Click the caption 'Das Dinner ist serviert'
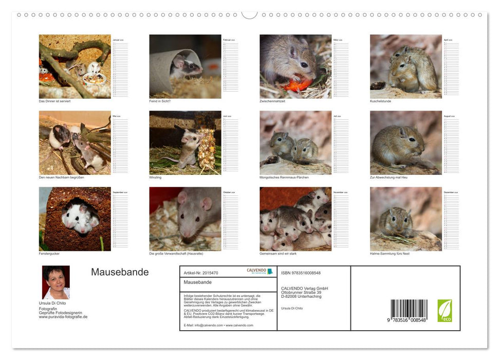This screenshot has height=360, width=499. pyautogui.click(x=54, y=101)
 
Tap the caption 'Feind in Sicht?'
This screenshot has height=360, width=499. pyautogui.click(x=160, y=101)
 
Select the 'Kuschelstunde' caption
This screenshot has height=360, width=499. pyautogui.click(x=380, y=101)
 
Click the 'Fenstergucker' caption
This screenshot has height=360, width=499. pyautogui.click(x=49, y=254)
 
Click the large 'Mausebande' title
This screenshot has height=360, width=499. pyautogui.click(x=120, y=273)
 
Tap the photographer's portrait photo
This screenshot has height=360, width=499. pyautogui.click(x=56, y=282)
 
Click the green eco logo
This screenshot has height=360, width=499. pyautogui.click(x=445, y=311)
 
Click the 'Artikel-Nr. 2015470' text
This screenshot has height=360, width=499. pyautogui.click(x=201, y=273)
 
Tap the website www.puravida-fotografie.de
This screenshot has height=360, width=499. pyautogui.click(x=63, y=317)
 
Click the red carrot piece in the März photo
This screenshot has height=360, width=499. pyautogui.click(x=298, y=84)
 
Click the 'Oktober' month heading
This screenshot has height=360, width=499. pyautogui.click(x=227, y=192)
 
